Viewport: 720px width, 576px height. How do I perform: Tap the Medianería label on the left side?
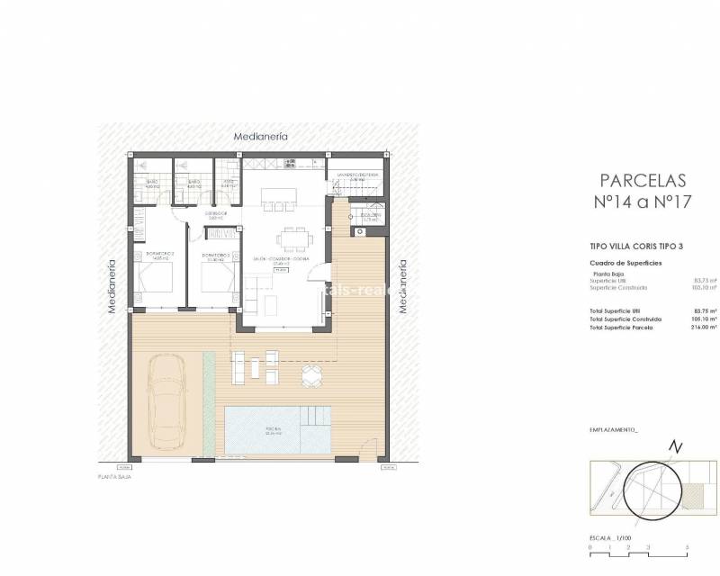click(113, 285)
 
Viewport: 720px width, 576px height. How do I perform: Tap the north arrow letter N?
click(677, 448)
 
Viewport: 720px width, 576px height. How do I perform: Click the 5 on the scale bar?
click(687, 547)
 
